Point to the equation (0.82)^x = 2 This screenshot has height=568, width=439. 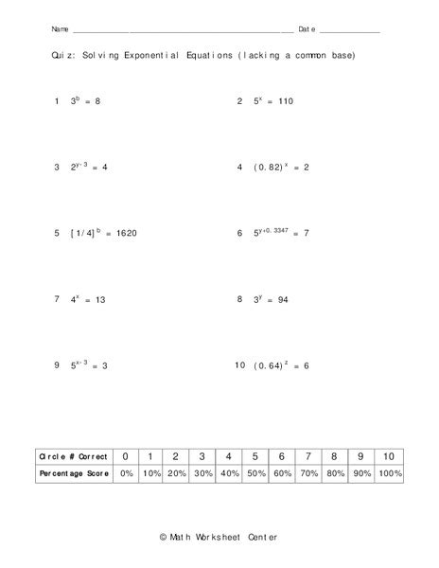tap(280, 167)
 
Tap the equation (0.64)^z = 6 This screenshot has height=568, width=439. tap(280, 364)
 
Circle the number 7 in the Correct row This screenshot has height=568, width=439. tap(307, 455)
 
